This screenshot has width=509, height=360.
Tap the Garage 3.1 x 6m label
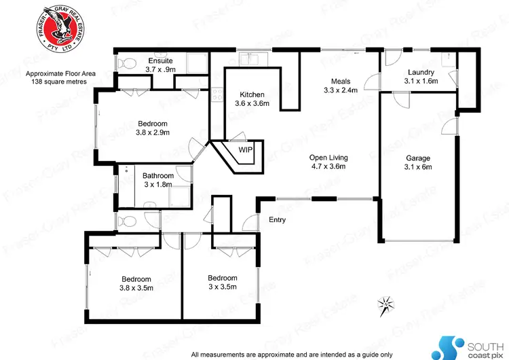(417, 162)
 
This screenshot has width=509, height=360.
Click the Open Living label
(328, 161)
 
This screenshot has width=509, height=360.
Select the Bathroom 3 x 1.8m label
(159, 180)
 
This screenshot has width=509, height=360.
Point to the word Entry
(277, 219)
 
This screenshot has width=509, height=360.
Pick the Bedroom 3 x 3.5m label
(222, 282)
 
